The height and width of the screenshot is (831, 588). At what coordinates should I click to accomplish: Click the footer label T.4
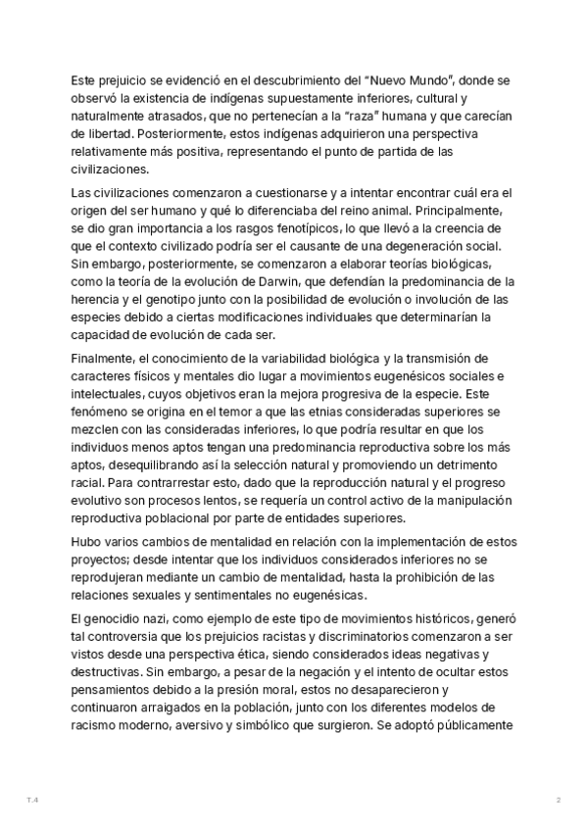[32, 801]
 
